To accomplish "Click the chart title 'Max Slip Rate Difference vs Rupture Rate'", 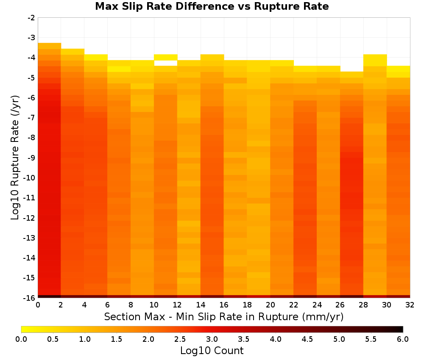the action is [212, 6].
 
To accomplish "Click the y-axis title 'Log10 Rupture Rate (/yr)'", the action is [15, 158].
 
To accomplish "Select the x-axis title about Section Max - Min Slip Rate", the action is [223, 316].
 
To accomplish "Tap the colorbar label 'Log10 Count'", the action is [212, 351].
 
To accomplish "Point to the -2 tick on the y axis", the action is [31, 18].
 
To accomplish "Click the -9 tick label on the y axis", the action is [31, 158].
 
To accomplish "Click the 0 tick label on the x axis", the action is [38, 305].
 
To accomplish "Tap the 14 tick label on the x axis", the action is [201, 305].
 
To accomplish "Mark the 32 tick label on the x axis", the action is [410, 305].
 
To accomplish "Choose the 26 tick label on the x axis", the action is [340, 305].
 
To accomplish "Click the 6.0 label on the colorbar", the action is [403, 339].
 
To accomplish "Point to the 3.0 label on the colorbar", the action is [212, 339].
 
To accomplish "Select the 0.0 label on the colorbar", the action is [21, 339].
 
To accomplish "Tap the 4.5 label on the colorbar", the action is [307, 339].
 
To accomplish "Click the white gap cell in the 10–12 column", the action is [166, 63].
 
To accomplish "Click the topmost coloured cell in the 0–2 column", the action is [50, 46].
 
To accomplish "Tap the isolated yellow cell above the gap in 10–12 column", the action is [166, 57].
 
